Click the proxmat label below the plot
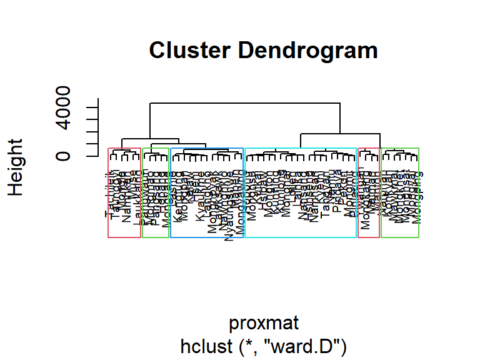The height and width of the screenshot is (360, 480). [263, 323]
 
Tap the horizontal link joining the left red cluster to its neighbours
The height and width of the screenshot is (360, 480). [150, 139]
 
